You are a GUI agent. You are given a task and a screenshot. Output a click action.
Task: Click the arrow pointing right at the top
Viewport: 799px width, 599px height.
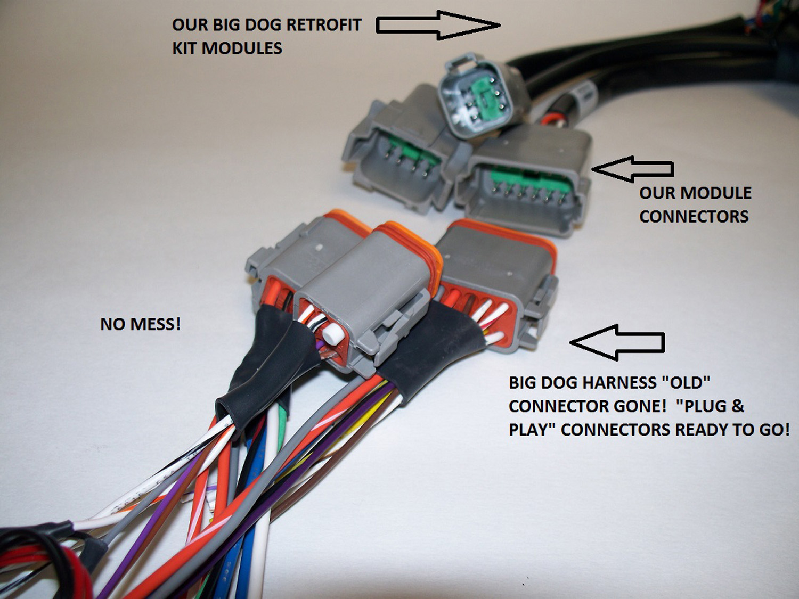coord(437,25)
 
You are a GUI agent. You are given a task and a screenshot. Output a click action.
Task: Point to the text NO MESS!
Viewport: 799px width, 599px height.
coord(141,324)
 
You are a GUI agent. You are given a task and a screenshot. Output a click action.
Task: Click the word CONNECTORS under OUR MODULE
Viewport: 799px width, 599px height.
coord(694,216)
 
